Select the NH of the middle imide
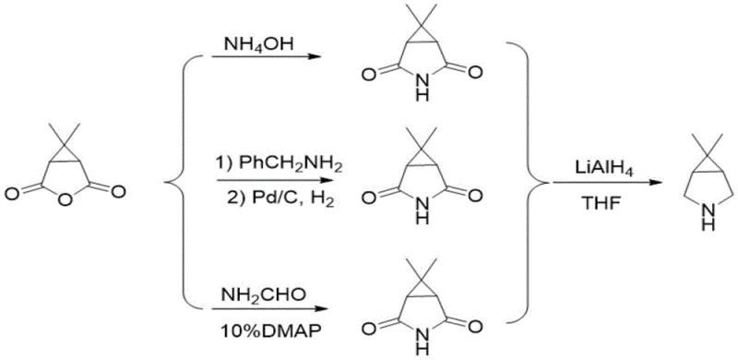[423, 214]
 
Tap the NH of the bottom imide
[423, 343]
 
